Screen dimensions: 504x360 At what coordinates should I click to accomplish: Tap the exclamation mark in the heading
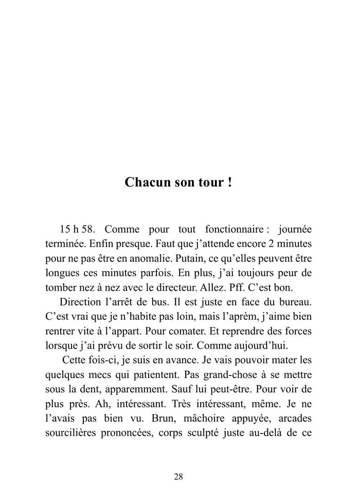click(x=229, y=183)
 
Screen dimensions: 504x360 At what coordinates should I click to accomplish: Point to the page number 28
click(x=178, y=477)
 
